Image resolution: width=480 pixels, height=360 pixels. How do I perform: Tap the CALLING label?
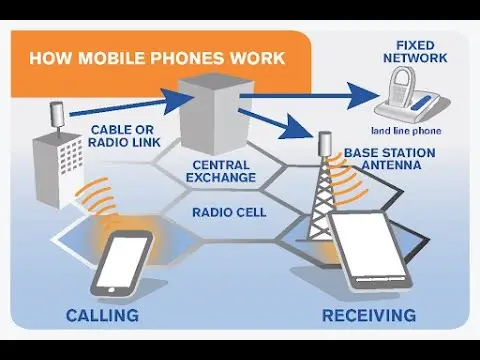pyautogui.click(x=102, y=315)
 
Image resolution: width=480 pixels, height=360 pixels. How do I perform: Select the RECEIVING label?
pyautogui.click(x=369, y=315)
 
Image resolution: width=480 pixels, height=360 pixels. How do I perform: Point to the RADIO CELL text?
pyautogui.click(x=229, y=212)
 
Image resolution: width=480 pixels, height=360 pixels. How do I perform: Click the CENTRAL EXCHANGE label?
pyautogui.click(x=221, y=171)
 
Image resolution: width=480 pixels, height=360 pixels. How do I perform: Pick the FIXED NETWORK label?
pyautogui.click(x=415, y=52)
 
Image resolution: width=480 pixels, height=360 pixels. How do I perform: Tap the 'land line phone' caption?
pyautogui.click(x=406, y=131)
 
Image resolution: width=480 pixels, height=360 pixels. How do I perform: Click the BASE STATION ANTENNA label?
pyautogui.click(x=390, y=159)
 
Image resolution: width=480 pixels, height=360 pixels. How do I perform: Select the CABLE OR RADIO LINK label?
pyautogui.click(x=124, y=136)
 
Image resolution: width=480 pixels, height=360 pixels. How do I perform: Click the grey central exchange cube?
pyautogui.click(x=214, y=113)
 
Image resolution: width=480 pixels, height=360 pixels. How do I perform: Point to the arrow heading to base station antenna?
pyautogui.click(x=276, y=123)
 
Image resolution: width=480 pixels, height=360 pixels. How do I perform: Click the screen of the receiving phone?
pyautogui.click(x=368, y=243)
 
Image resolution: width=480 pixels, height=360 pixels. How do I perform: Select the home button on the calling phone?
pyautogui.click(x=111, y=290)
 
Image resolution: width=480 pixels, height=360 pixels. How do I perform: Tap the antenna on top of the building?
pyautogui.click(x=57, y=118)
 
